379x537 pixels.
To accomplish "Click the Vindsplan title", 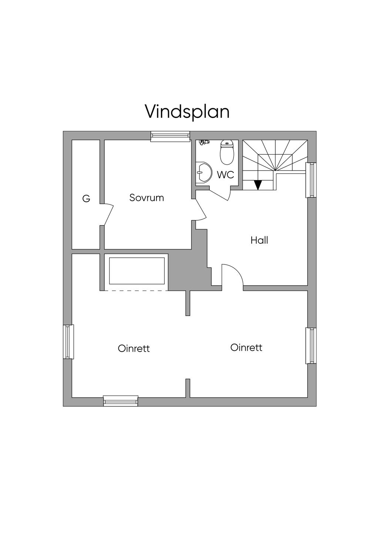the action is pyautogui.click(x=187, y=112).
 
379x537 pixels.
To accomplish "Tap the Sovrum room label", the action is pyautogui.click(x=147, y=198).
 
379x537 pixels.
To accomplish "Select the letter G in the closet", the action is pyautogui.click(x=86, y=198).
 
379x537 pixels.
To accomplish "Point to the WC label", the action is pyautogui.click(x=225, y=175).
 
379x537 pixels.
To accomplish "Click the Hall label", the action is pyautogui.click(x=259, y=240).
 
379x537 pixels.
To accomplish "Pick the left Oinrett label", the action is pyautogui.click(x=134, y=348).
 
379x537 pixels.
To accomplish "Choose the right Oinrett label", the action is pyautogui.click(x=246, y=347).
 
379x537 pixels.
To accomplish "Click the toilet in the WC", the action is pyautogui.click(x=227, y=152).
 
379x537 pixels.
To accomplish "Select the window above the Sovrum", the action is pyautogui.click(x=170, y=136).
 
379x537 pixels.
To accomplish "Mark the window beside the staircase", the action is pyautogui.click(x=311, y=180).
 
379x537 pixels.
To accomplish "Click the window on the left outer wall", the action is pyautogui.click(x=68, y=342).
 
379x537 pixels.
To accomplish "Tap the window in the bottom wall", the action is pyautogui.click(x=121, y=401).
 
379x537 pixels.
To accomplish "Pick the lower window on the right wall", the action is pyautogui.click(x=311, y=346).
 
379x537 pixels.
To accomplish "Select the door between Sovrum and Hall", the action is pyautogui.click(x=201, y=210).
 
